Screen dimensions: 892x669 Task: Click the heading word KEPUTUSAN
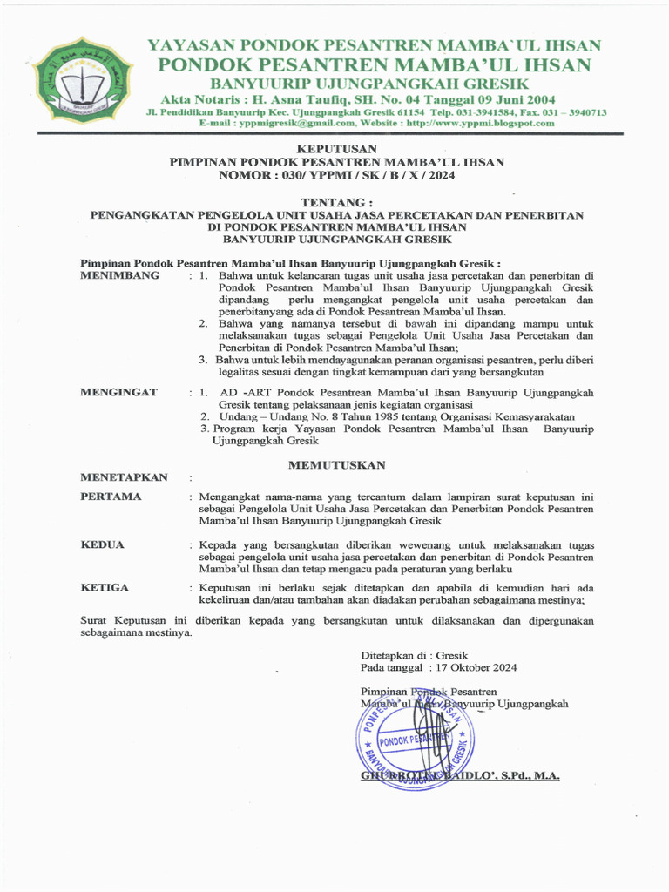pyautogui.click(x=336, y=150)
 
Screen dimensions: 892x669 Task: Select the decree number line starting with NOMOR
pyautogui.click(x=336, y=175)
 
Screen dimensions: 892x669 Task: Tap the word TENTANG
pyautogui.click(x=336, y=202)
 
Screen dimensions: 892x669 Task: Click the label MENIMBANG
pyautogui.click(x=120, y=275)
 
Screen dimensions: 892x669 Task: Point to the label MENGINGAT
pyautogui.click(x=119, y=392)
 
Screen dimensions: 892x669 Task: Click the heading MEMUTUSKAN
pyautogui.click(x=336, y=465)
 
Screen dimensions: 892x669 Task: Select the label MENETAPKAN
pyautogui.click(x=124, y=477)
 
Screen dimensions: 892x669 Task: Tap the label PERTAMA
pyautogui.click(x=111, y=497)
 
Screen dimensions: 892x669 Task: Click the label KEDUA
pyautogui.click(x=103, y=544)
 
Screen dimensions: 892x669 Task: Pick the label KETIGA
pyautogui.click(x=105, y=587)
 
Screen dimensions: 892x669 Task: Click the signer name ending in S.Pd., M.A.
pyautogui.click(x=460, y=775)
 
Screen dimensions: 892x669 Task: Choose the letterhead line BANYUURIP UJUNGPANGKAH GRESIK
pyautogui.click(x=370, y=84)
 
